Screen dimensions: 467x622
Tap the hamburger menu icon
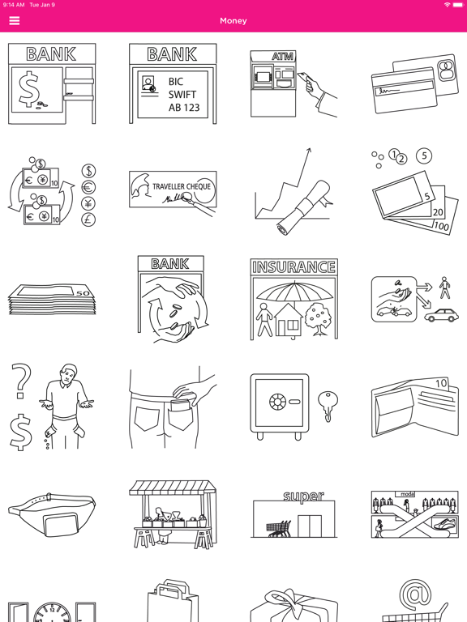tap(15, 20)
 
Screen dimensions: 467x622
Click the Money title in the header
tap(233, 20)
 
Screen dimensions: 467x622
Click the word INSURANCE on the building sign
tap(293, 267)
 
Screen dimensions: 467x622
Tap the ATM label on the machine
tap(283, 57)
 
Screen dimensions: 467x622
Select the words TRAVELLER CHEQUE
tap(182, 186)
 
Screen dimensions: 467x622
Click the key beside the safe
tap(328, 406)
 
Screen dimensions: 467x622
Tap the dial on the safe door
tap(277, 402)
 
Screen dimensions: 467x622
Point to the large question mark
tap(21, 381)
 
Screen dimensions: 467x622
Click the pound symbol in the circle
tap(88, 219)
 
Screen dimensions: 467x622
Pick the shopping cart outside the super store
tap(278, 529)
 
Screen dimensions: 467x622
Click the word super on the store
tap(303, 496)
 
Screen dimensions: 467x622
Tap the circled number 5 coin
tap(424, 155)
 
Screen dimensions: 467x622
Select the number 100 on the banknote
tap(441, 226)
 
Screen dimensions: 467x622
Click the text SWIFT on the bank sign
tap(182, 95)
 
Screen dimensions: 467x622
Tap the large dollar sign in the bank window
tap(29, 88)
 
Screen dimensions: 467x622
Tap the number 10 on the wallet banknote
tap(441, 383)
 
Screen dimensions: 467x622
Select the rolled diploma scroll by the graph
tap(304, 207)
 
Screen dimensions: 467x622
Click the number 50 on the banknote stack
tap(83, 293)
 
